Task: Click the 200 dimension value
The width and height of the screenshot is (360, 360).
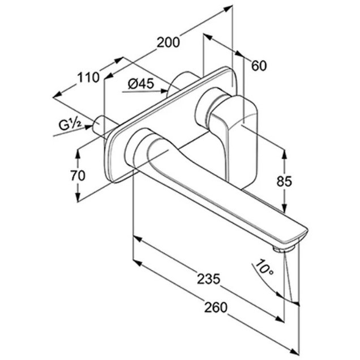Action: pyautogui.click(x=168, y=42)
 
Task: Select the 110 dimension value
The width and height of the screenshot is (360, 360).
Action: pyautogui.click(x=88, y=78)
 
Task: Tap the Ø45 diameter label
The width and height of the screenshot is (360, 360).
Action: pyautogui.click(x=141, y=84)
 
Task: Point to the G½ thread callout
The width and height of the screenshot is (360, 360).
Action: pyautogui.click(x=70, y=125)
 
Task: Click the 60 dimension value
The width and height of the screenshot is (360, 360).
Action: pyautogui.click(x=259, y=66)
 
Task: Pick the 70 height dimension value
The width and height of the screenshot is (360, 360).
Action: pyautogui.click(x=78, y=175)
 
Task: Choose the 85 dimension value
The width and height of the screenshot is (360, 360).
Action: pyautogui.click(x=284, y=181)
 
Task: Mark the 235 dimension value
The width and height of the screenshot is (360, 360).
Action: pyautogui.click(x=208, y=279)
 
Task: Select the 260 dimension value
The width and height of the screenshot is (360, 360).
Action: pyautogui.click(x=216, y=308)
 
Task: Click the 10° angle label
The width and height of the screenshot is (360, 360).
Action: pyautogui.click(x=264, y=267)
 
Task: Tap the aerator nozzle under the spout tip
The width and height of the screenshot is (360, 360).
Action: pyautogui.click(x=284, y=248)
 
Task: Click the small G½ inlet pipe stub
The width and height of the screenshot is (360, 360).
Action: pyautogui.click(x=101, y=127)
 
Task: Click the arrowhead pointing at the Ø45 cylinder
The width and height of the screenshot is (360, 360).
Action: pyautogui.click(x=164, y=91)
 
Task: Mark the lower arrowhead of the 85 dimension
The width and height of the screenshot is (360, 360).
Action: pyautogui.click(x=284, y=208)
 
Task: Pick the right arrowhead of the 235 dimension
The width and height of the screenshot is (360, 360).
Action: pyautogui.click(x=280, y=319)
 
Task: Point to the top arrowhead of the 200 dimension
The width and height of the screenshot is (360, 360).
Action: pyautogui.click(x=228, y=8)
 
